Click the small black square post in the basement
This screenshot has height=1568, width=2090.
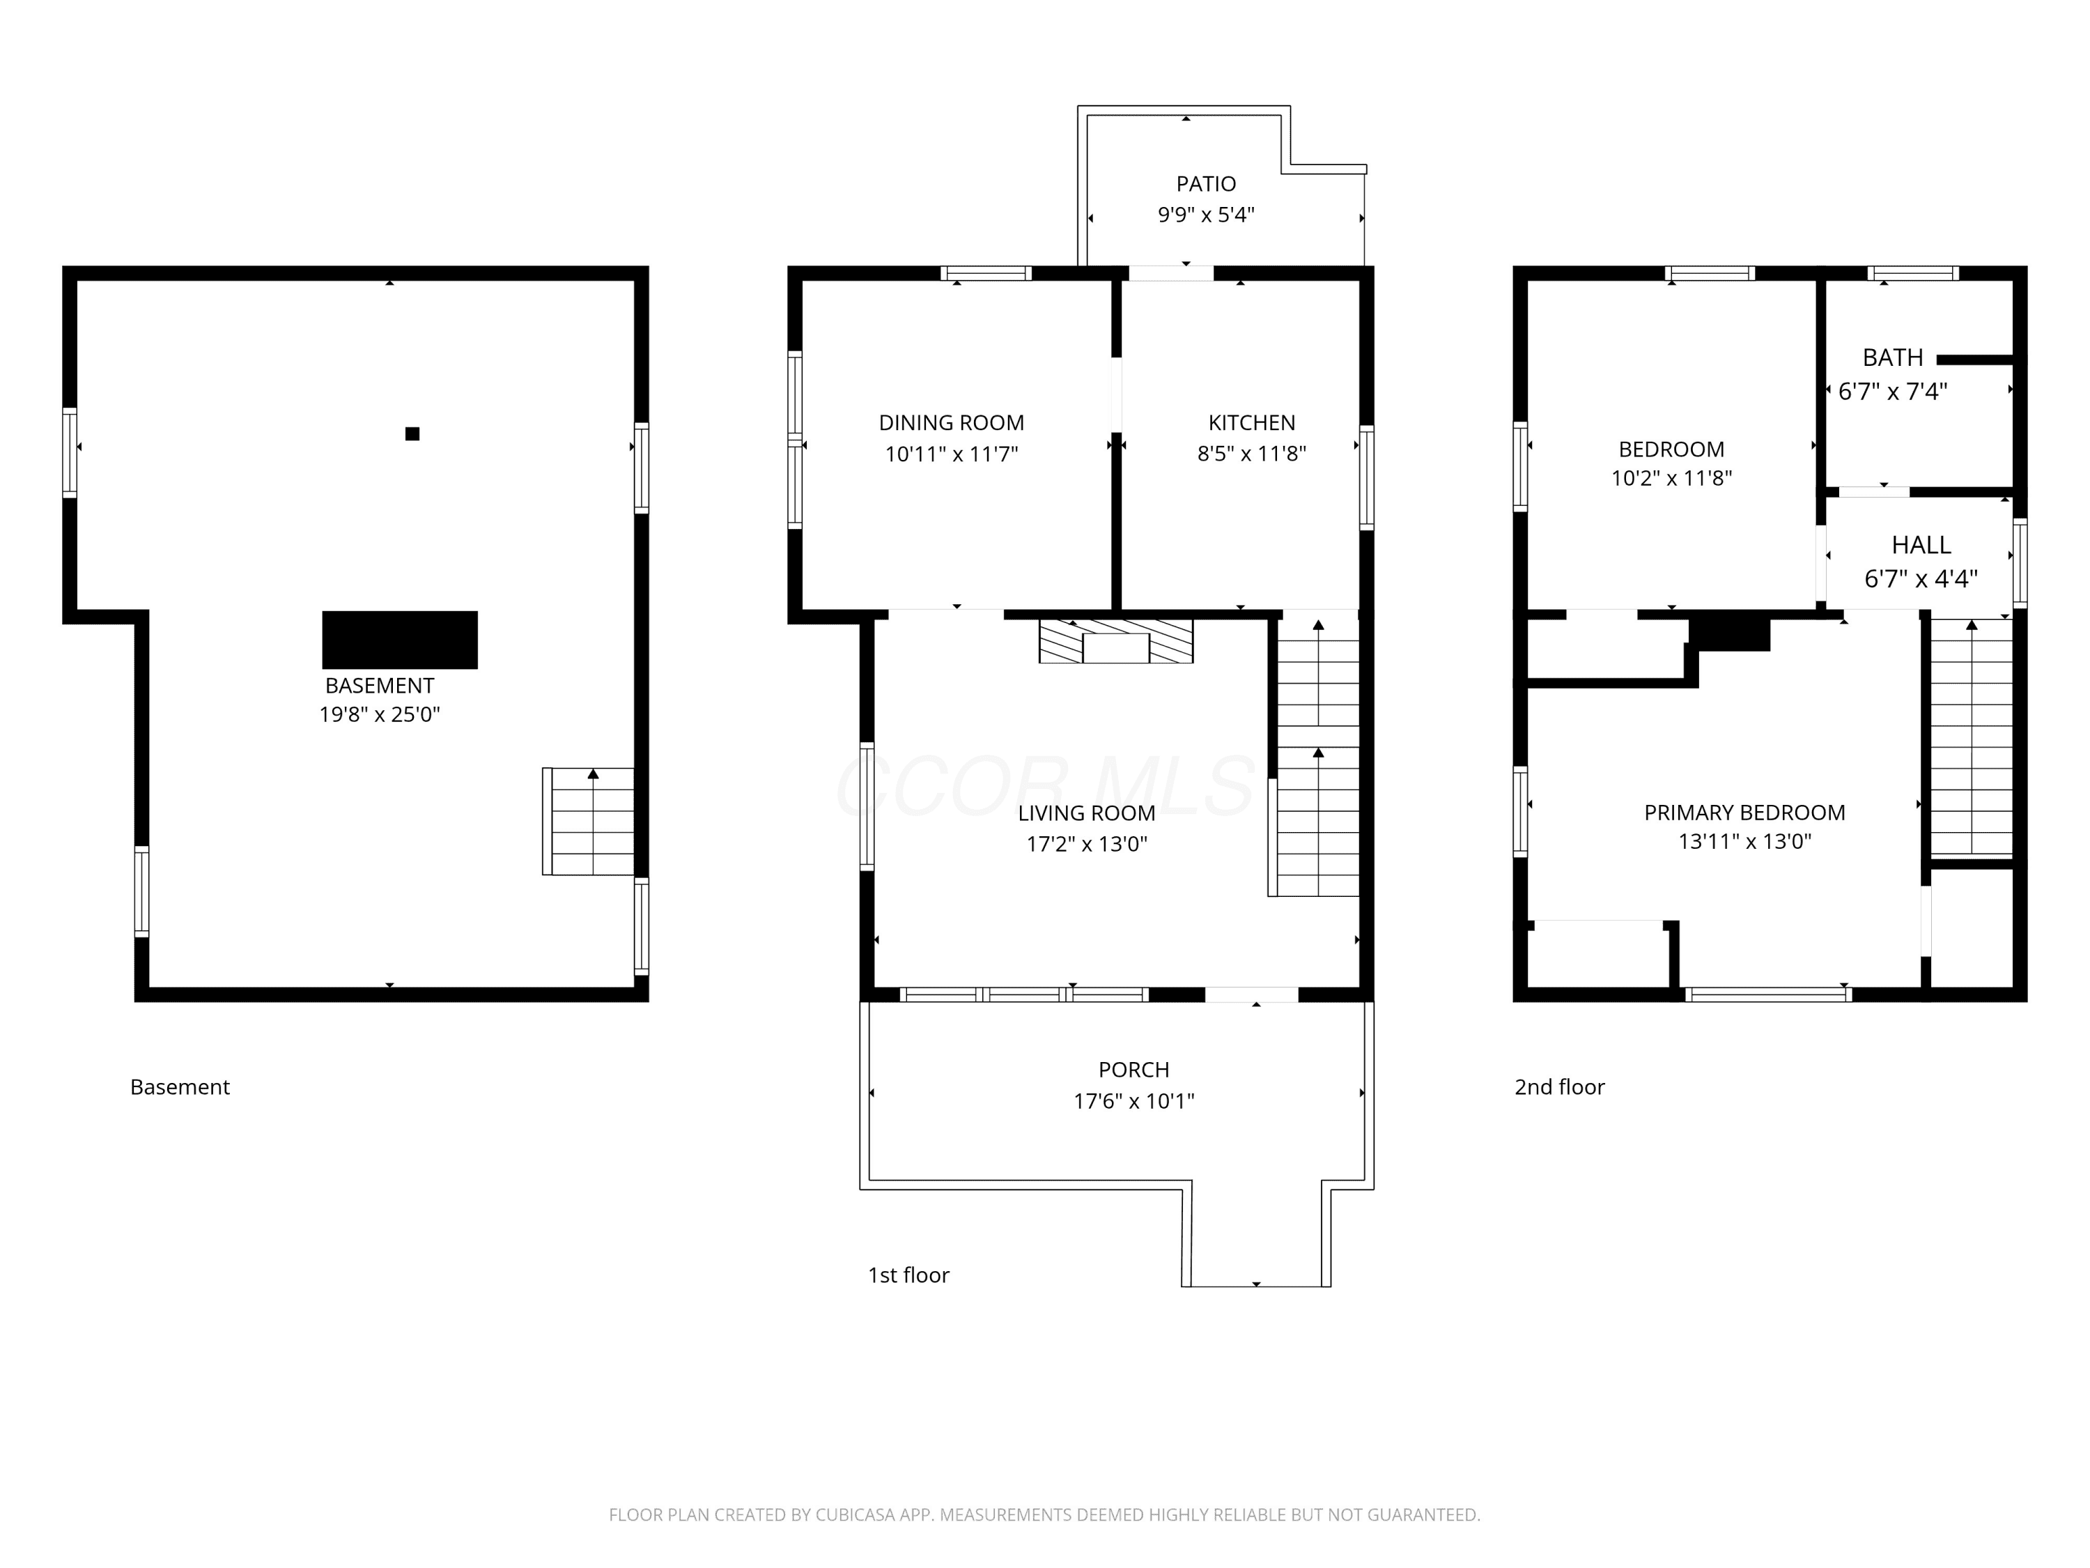[x=412, y=434]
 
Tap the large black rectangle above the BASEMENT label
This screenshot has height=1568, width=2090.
[x=400, y=640]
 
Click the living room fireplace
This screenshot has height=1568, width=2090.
[x=1116, y=641]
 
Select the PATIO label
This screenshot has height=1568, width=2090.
[x=1206, y=183]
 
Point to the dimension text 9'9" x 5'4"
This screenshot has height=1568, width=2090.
[x=1206, y=215]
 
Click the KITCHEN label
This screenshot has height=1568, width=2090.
[x=1252, y=422]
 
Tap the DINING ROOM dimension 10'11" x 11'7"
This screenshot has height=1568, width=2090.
[x=952, y=454]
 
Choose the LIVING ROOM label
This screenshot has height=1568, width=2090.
[x=1087, y=813]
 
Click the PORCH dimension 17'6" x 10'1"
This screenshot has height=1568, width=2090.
[x=1133, y=1101]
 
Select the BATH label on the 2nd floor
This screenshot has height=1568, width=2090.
[x=1893, y=358]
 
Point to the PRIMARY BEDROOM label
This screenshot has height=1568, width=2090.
[x=1744, y=813]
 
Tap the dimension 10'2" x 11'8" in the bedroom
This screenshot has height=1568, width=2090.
[x=1671, y=478]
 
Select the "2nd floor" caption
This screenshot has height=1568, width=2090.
[x=1560, y=1087]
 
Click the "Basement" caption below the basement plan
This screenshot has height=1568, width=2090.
[x=180, y=1087]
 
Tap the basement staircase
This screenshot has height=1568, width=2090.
[x=589, y=822]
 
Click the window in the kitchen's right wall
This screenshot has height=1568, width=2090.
[x=1366, y=477]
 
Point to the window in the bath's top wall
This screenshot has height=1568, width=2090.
[x=1913, y=274]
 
